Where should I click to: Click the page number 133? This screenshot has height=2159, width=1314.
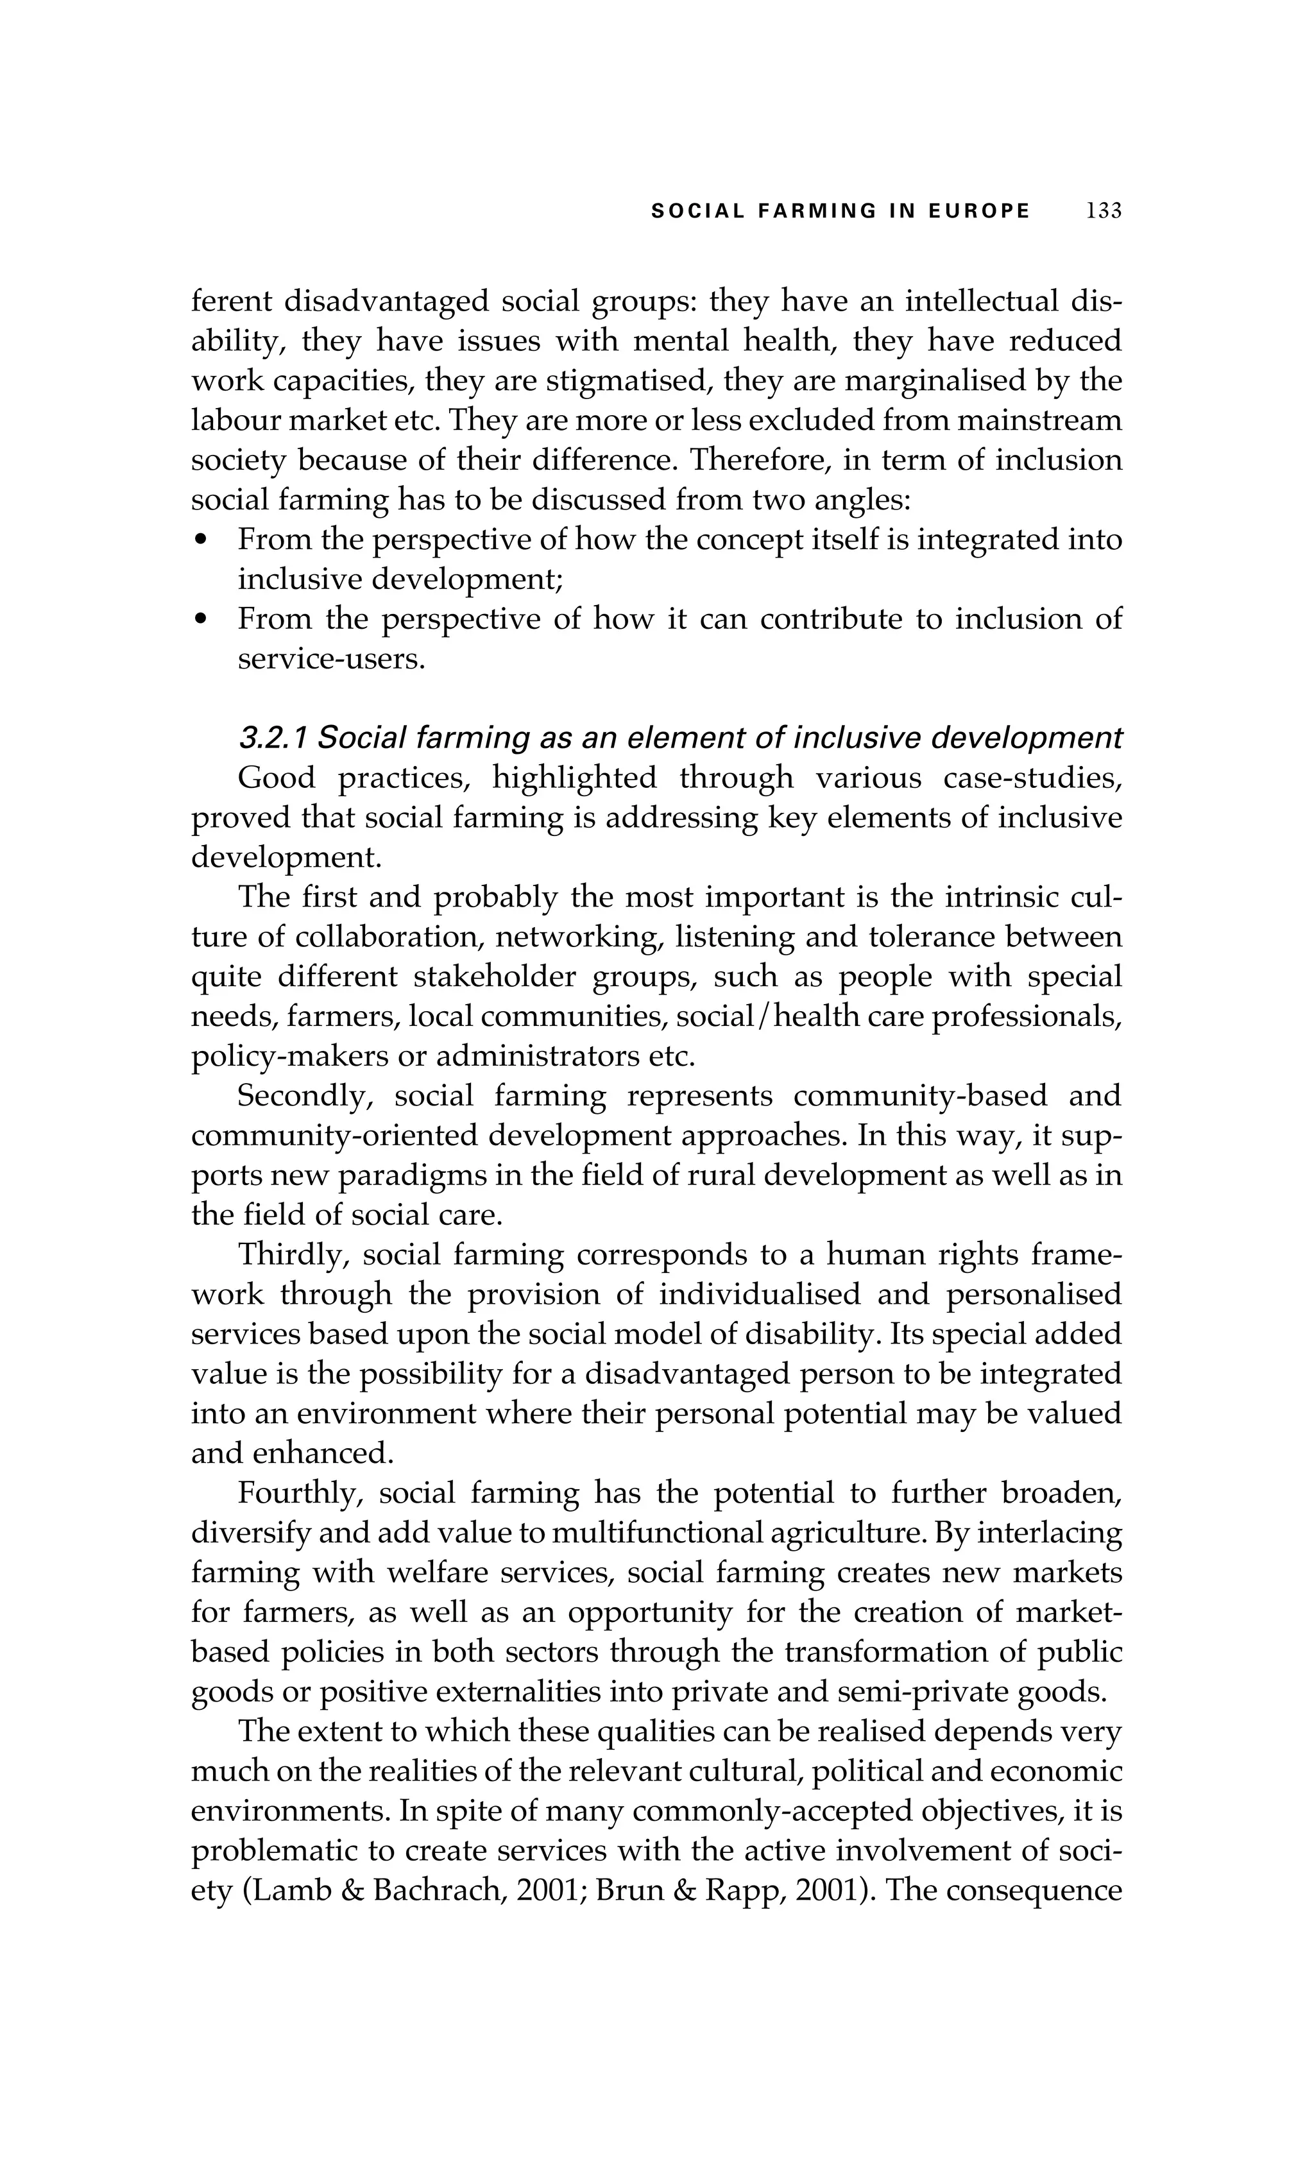click(x=1103, y=211)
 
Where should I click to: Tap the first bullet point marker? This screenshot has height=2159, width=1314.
click(x=201, y=541)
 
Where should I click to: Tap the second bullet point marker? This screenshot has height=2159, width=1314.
click(x=201, y=620)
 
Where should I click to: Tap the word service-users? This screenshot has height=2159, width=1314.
click(x=331, y=660)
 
